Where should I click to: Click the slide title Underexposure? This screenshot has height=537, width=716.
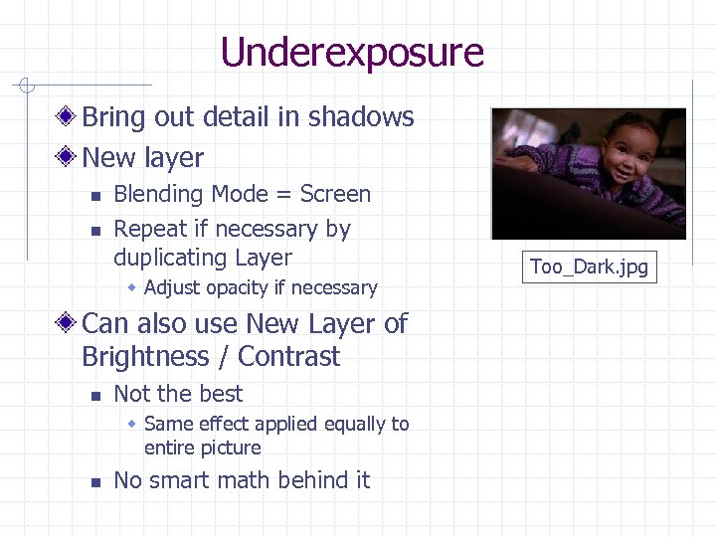click(352, 52)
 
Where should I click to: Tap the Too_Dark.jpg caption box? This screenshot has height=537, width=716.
click(589, 267)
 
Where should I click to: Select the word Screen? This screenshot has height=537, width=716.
click(335, 194)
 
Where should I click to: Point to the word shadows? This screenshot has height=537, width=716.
click(361, 117)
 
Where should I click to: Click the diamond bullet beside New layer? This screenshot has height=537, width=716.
click(67, 158)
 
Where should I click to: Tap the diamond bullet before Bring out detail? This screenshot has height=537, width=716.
click(67, 117)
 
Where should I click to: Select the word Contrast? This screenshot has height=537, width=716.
click(289, 357)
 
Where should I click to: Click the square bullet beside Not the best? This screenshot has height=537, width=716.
click(94, 395)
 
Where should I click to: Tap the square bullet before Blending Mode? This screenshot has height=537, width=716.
click(94, 196)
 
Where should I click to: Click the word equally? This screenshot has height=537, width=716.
click(351, 425)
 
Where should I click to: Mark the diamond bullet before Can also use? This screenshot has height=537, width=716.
click(67, 324)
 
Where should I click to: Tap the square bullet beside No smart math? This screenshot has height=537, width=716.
click(94, 482)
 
